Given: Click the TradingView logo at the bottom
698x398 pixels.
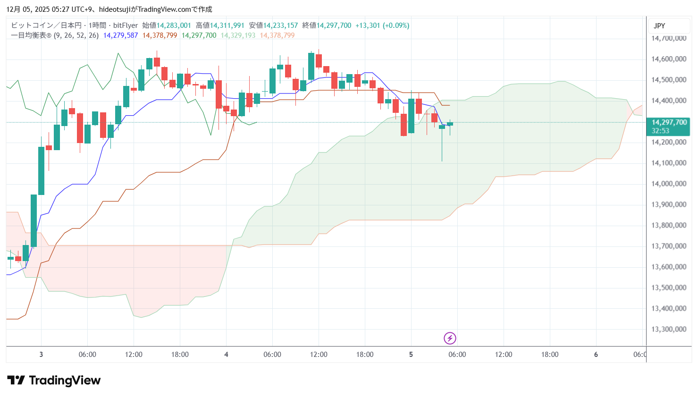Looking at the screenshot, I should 54,381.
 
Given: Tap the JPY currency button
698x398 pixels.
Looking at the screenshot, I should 659,26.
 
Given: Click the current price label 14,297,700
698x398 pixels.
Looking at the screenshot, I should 669,122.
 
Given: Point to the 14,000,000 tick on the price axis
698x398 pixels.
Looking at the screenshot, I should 669,184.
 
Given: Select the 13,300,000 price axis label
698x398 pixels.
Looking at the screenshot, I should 669,329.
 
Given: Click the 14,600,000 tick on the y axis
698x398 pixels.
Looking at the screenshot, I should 669,59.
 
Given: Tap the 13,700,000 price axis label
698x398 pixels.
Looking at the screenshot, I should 669,246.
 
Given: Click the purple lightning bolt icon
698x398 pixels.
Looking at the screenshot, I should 450,338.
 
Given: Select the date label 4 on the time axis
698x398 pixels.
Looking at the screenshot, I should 226,355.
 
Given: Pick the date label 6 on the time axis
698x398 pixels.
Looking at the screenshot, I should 596,355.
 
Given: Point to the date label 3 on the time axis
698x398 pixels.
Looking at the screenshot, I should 41,355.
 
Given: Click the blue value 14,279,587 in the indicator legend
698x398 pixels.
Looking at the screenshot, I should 120,35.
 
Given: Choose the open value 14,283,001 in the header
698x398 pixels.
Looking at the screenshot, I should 174,25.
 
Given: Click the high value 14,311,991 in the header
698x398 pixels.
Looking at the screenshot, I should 227,25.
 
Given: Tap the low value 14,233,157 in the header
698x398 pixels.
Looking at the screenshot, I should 280,25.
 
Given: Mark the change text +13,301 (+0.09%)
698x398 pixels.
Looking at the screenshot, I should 382,25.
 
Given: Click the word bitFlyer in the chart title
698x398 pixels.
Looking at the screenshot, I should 126,25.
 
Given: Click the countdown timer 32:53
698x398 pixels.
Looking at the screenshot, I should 660,131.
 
